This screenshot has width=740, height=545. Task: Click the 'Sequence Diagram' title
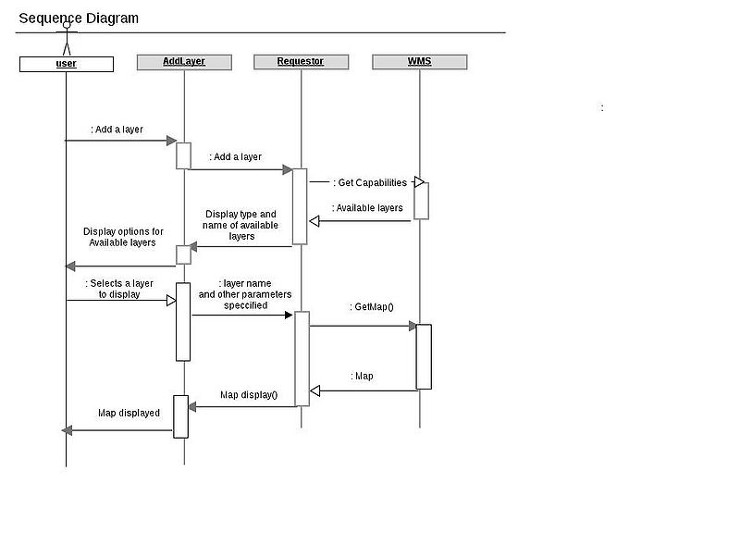79,18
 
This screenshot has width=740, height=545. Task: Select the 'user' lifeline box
67,64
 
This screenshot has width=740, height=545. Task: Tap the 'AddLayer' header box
183,62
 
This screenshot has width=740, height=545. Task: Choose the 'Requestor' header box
301,62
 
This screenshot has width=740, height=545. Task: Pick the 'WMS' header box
419,62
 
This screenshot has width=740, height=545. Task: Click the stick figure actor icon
66,40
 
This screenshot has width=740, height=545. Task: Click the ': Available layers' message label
367,208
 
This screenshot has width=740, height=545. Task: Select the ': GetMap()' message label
372,306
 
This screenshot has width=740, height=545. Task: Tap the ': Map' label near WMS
363,377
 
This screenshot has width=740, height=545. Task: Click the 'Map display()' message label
249,395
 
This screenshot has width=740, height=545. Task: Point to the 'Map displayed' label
129,413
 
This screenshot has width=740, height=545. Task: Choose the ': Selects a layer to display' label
119,289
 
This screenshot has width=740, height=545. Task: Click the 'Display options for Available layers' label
123,237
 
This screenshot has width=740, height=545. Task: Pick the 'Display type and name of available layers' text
240,225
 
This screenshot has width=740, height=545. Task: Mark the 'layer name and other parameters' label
245,293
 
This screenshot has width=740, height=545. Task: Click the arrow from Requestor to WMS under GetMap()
363,326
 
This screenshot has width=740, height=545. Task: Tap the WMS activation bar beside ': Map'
424,356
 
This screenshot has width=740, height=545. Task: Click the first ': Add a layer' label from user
117,130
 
